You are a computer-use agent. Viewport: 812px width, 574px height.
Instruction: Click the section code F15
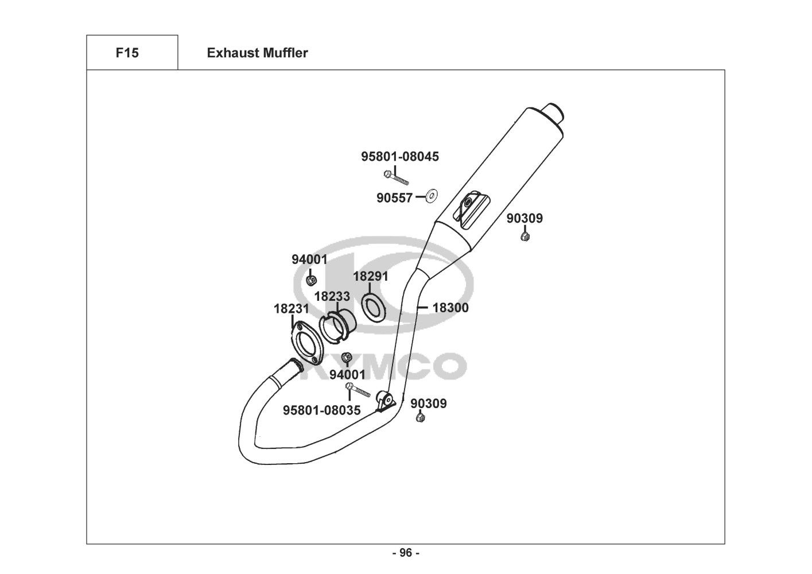tap(127, 53)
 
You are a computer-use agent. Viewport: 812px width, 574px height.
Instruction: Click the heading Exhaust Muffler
tap(258, 53)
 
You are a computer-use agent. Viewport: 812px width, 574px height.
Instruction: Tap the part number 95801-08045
tap(400, 157)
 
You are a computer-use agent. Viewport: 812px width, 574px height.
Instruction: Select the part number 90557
tap(394, 198)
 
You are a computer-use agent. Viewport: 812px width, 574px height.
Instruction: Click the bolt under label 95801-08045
tap(396, 178)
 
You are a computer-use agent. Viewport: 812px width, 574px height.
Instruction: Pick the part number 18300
tap(450, 308)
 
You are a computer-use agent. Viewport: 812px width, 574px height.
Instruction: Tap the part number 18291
tap(371, 276)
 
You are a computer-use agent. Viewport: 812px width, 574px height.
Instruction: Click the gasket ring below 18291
tap(374, 307)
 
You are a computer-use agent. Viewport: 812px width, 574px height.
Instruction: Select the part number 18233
tap(332, 297)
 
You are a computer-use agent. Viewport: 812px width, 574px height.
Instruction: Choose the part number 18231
tap(292, 309)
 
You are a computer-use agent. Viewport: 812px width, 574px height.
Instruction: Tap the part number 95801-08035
tap(322, 410)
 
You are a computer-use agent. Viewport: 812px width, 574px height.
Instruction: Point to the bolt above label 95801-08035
tap(358, 389)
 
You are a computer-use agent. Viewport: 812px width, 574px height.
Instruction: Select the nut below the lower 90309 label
tap(421, 418)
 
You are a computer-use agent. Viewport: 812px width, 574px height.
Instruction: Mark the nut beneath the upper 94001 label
tap(311, 280)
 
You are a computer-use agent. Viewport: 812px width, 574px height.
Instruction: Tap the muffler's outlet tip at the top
tap(553, 113)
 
